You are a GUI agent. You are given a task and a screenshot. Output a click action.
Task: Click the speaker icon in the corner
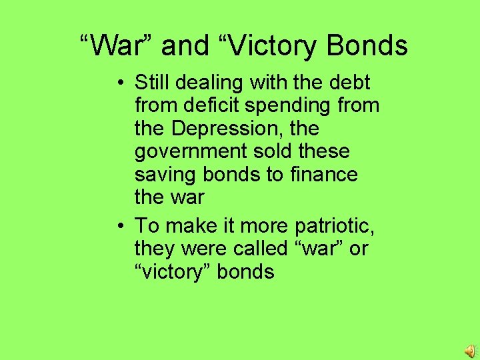coord(469,351)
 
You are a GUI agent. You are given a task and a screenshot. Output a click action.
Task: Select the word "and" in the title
coord(185,45)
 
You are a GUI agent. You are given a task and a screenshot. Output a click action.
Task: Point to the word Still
coord(152,83)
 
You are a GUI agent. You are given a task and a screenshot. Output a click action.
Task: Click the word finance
coord(324,174)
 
